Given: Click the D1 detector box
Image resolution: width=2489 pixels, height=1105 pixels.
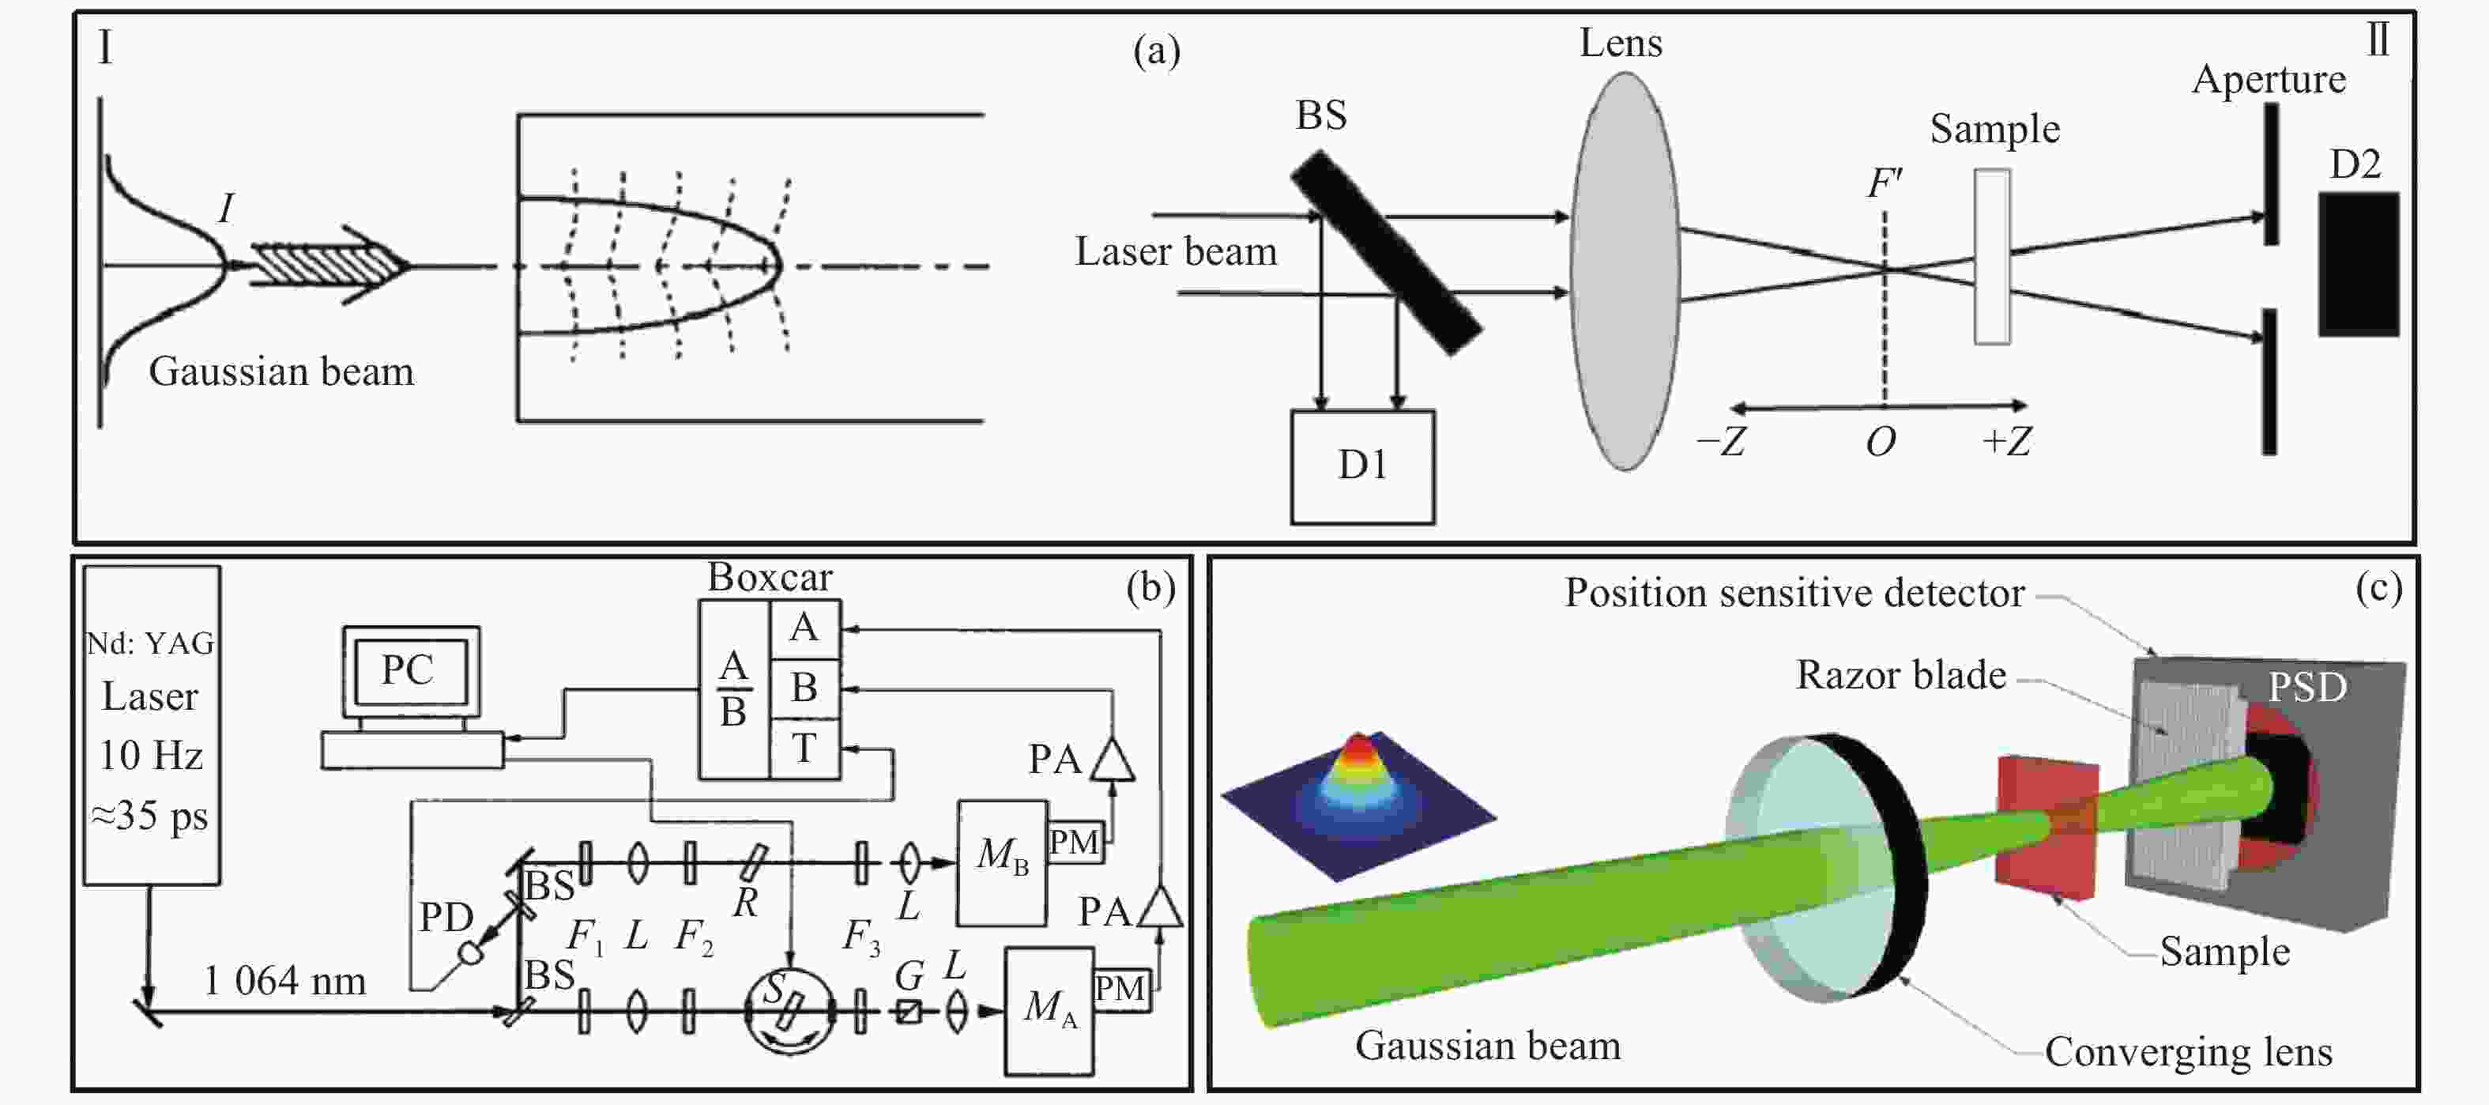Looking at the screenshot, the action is [1362, 467].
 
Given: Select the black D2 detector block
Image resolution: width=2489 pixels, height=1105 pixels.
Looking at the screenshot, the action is [2359, 264].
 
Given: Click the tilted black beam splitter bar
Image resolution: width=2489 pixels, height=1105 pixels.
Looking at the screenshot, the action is [1387, 252].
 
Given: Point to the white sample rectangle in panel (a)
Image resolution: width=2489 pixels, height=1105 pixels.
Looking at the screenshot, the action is [1992, 256].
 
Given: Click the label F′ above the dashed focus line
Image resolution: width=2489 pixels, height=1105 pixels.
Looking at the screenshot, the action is [1885, 183].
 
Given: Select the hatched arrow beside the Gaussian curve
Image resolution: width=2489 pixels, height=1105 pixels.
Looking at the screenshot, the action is [329, 264].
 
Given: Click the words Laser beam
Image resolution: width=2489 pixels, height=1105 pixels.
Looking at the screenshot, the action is [1176, 251].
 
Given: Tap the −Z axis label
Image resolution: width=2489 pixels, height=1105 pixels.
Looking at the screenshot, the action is [1721, 442].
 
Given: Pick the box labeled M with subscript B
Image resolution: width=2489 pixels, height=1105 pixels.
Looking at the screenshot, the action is [1002, 862].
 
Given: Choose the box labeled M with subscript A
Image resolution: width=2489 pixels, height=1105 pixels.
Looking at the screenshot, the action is [1049, 1010].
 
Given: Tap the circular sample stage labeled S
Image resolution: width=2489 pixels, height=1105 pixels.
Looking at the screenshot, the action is [789, 1010].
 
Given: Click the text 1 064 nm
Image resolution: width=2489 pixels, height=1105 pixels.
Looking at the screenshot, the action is [285, 981].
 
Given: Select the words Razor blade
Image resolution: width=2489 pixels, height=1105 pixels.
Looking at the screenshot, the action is [1900, 675].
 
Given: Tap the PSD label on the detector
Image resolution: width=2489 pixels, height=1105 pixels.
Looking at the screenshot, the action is [2307, 688].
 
